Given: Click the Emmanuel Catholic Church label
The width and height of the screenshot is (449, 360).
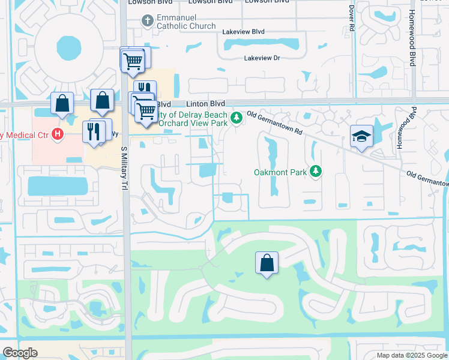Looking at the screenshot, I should pos(185,22).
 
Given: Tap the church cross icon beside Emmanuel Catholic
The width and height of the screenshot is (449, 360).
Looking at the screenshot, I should pos(148,22).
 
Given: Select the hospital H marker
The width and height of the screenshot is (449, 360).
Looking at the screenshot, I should pos(57,133).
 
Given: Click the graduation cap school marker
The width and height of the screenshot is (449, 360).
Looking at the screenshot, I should pos(362,136).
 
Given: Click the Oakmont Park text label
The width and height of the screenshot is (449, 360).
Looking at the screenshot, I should pos(279,172).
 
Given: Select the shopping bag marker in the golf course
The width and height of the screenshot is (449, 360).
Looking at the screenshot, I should pos(267,262).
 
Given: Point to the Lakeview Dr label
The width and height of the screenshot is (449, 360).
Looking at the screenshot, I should pos(262,58).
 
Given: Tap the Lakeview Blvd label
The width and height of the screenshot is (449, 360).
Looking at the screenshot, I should pos(243,32).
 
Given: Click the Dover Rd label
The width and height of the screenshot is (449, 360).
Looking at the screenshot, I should pos(352,18).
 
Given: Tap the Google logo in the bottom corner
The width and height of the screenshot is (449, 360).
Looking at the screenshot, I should pos(20,353).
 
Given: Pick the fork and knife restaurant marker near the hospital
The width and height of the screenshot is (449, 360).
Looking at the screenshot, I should pos(94,131).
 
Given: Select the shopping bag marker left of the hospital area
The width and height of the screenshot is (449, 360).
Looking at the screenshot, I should pos(62,103).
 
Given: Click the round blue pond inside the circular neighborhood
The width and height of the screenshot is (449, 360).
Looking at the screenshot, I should pos(67,46).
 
